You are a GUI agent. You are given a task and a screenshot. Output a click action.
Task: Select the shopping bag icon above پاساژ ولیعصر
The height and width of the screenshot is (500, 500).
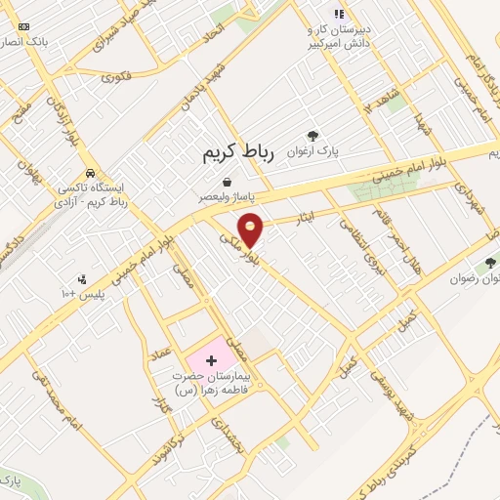(228, 182)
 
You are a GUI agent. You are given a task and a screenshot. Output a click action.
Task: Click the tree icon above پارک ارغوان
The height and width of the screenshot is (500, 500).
(312, 137)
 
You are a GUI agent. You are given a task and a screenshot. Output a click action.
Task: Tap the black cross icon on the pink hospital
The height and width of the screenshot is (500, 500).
(211, 360)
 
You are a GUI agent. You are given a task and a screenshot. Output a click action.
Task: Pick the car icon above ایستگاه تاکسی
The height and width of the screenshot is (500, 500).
(89, 173)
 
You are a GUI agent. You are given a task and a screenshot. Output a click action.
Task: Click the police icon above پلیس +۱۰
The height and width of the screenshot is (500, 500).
(82, 279)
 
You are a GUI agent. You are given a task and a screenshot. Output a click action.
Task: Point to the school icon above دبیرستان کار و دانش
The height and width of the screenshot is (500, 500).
(339, 14)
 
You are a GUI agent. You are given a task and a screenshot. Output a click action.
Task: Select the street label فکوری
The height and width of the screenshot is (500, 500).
(115, 76)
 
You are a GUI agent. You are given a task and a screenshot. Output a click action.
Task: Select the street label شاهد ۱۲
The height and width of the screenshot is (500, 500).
(378, 101)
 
